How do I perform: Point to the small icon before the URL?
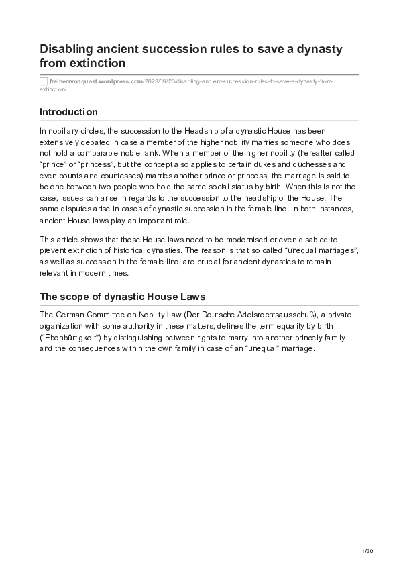pyautogui.click(x=44, y=81)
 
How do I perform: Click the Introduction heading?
pyautogui.click(x=68, y=112)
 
